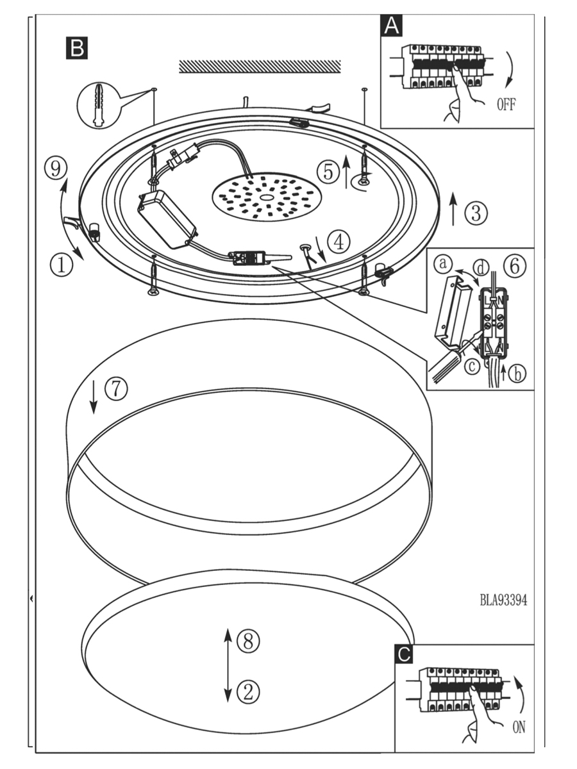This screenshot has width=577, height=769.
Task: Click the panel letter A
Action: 392,26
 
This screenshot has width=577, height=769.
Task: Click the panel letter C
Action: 404,654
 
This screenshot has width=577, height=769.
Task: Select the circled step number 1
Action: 62,264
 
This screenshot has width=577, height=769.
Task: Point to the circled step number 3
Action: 476,213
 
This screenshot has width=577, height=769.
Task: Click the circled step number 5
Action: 328,171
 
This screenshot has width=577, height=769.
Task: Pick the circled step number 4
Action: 339,241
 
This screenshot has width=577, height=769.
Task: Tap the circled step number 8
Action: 248,640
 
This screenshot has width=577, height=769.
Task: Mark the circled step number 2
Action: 248,691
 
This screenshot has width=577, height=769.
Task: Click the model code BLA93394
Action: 503,600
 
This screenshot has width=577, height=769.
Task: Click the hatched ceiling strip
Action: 260,67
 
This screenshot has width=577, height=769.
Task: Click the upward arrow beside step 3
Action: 454,208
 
